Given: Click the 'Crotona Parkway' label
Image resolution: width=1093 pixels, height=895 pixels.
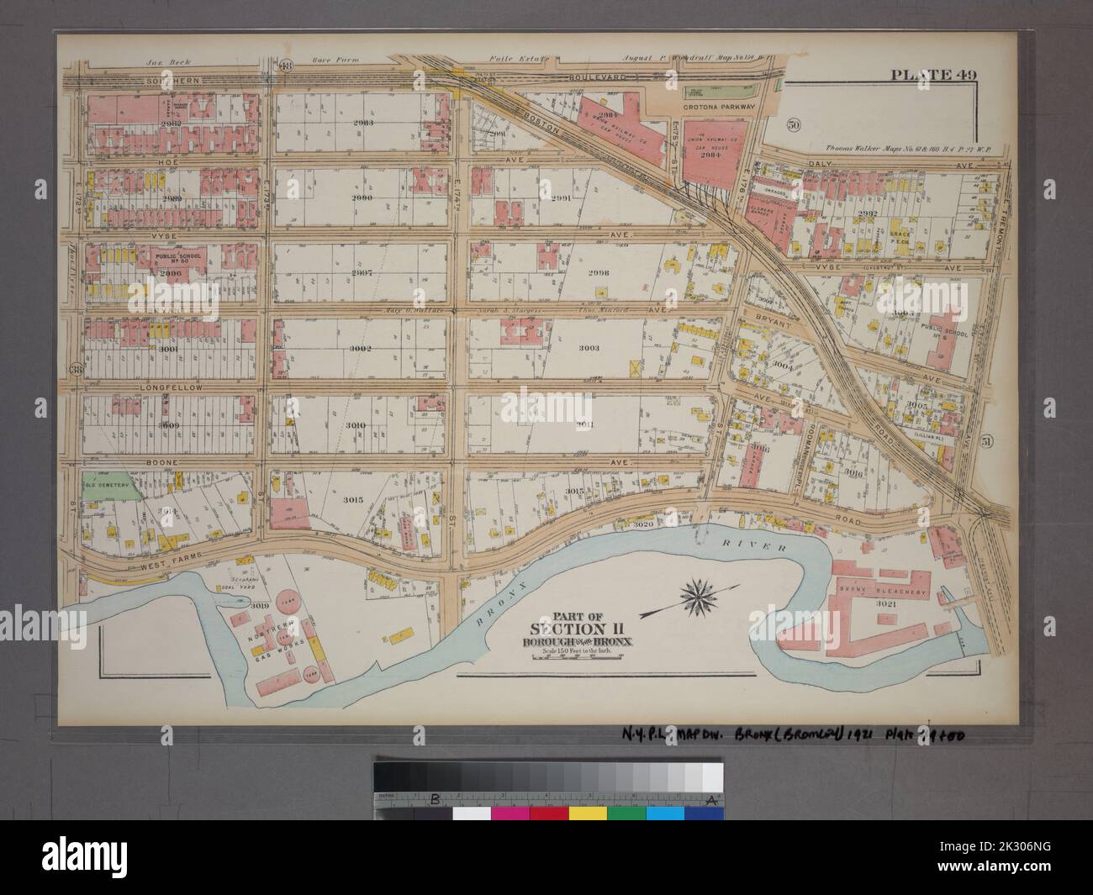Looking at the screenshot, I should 720,108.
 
